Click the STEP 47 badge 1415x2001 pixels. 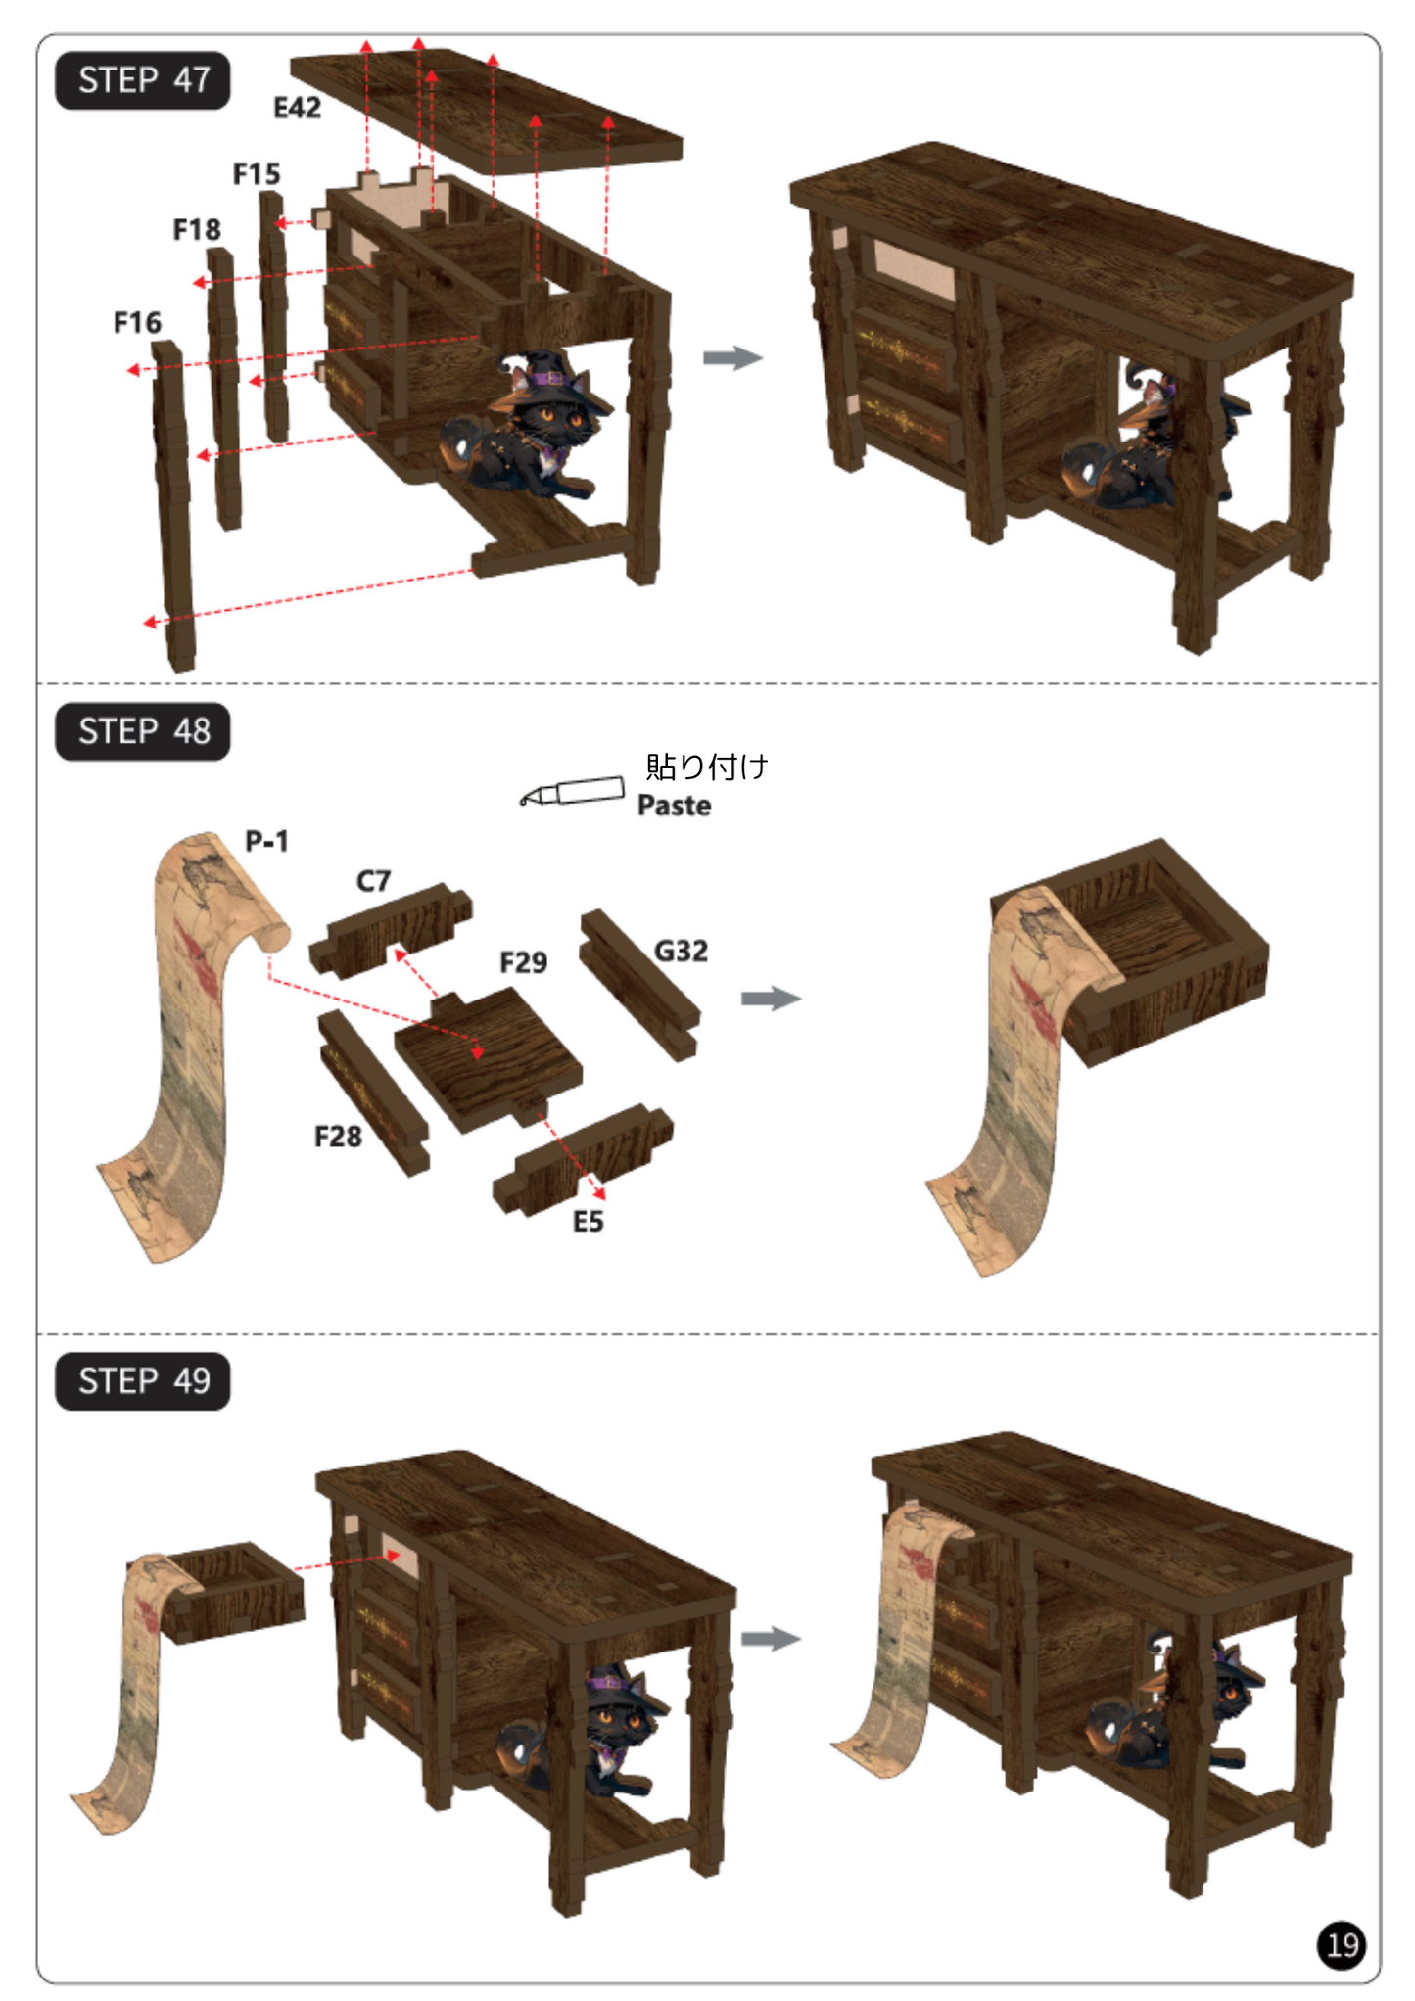pos(143,80)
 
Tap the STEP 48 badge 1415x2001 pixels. pos(143,731)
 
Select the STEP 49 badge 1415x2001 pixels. pos(143,1381)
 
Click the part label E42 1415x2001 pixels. pos(297,108)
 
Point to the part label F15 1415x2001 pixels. pos(257,174)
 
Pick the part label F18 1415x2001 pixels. pos(197,230)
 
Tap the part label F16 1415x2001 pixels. pos(137,323)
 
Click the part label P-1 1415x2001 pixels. pos(266,841)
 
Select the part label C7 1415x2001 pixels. pos(373,881)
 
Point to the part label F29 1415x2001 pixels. pos(524,962)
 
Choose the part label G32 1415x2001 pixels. pos(681,951)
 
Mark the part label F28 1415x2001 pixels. pos(338,1137)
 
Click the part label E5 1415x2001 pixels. pos(588,1222)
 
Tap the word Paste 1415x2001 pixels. pos(675,806)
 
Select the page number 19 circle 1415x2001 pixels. pos(1342,1945)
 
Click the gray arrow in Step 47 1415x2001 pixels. pos(732,357)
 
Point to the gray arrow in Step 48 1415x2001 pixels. pos(772,999)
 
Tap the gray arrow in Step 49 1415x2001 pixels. pos(772,1639)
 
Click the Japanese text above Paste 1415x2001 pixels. pos(707,767)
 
